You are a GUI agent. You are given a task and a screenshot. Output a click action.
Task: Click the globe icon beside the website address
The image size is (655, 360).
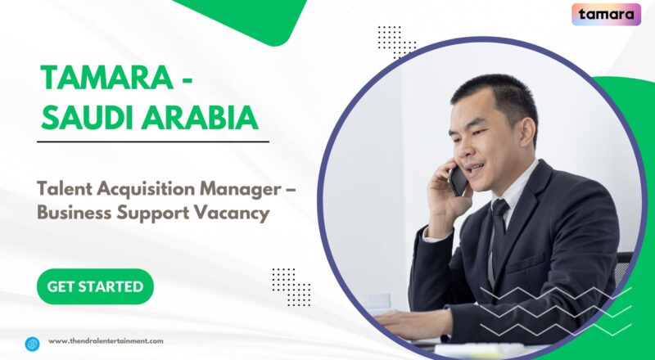pyautogui.click(x=33, y=343)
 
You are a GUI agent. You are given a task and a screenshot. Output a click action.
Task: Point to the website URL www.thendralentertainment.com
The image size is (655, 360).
pyautogui.click(x=106, y=341)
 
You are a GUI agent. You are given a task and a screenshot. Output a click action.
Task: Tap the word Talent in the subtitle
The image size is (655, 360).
pyautogui.click(x=63, y=189)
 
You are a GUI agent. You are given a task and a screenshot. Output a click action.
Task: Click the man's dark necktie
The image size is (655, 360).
pyautogui.click(x=498, y=228)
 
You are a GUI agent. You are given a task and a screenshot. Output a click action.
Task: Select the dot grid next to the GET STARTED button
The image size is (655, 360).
pyautogui.click(x=291, y=286)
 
